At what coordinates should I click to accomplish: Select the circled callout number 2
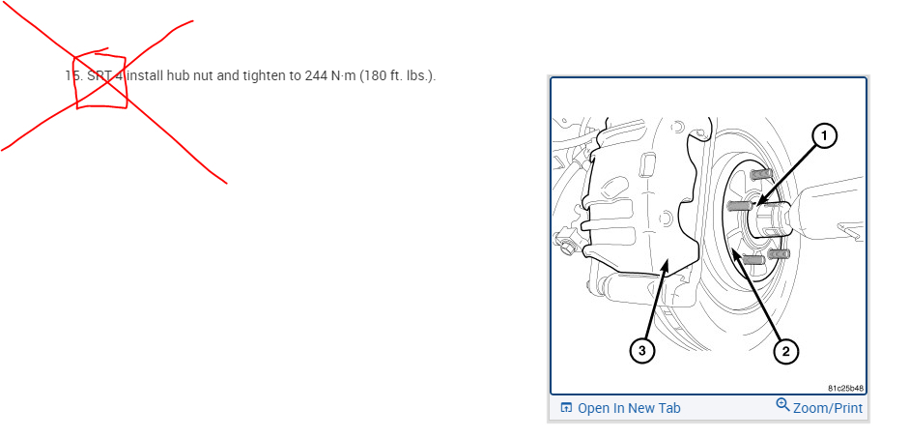(x=785, y=351)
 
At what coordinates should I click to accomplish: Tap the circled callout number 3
(x=642, y=350)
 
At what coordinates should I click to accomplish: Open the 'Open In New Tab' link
(x=629, y=408)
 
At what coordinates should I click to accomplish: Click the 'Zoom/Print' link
(x=828, y=408)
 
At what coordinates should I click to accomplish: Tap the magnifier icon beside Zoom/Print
(x=782, y=405)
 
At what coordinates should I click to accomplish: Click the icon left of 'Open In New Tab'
(x=566, y=408)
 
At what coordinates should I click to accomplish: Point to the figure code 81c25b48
(x=845, y=388)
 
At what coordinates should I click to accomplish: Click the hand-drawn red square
(x=100, y=79)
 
